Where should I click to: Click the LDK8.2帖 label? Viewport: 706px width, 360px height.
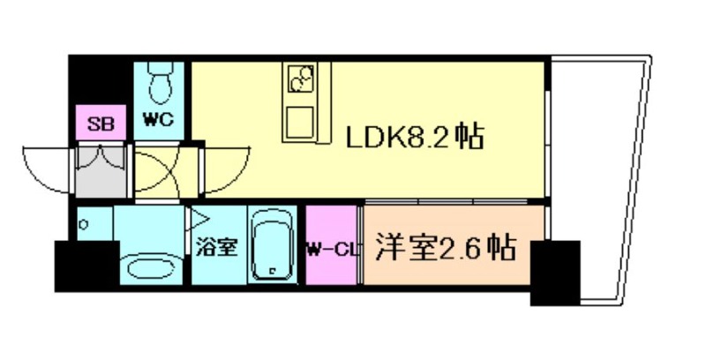414,138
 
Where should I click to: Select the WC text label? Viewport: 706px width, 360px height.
159,120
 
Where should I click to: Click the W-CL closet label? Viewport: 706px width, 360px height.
333,249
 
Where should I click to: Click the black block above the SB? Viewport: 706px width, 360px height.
100,81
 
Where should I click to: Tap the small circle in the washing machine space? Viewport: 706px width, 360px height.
84,224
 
